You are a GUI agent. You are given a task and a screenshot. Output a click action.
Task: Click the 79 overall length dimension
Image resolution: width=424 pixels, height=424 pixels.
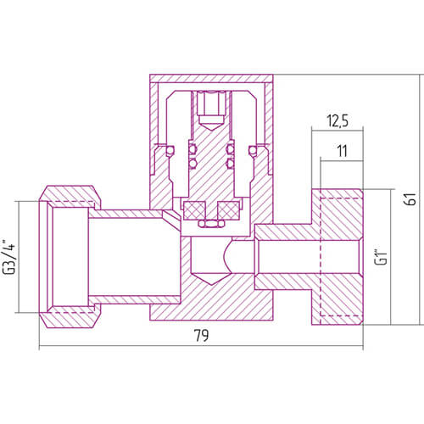(201, 336)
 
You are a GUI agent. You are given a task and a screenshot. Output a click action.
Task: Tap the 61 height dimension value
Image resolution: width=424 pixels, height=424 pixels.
(410, 198)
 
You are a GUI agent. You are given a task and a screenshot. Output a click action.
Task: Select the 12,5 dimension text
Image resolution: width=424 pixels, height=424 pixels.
(338, 120)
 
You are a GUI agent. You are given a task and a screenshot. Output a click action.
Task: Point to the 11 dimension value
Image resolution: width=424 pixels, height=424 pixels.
(342, 151)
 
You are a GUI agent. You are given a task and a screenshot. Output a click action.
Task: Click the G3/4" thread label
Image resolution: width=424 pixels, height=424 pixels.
(8, 257)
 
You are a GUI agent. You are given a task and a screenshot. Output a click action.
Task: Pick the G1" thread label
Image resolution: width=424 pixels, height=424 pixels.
(381, 257)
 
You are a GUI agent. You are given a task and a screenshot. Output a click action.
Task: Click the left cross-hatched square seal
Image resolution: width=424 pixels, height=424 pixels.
(194, 210)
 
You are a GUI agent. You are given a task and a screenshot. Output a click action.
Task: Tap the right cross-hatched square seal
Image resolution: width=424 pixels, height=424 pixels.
(229, 210)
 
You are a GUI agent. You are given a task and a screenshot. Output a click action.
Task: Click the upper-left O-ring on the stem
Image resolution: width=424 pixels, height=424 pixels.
(193, 148)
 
